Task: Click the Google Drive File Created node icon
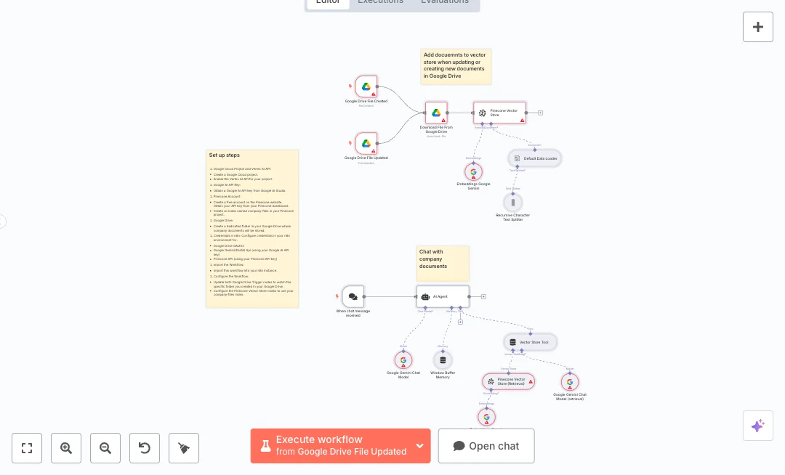[366, 86]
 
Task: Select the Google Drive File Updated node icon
[366, 144]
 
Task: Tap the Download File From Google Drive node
[436, 113]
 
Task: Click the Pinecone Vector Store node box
[499, 113]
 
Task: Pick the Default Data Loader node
[535, 158]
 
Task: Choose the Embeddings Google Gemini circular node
[473, 172]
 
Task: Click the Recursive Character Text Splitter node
[512, 202]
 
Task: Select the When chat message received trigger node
[353, 296]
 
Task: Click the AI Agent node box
[443, 296]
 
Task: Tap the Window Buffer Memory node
[443, 360]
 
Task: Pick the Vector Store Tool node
[531, 342]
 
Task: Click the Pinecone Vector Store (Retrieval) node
[508, 381]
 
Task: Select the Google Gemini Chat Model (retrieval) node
[570, 382]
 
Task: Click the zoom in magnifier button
[66, 448]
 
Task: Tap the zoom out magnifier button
[105, 448]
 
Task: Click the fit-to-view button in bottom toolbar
[27, 448]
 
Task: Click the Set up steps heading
[225, 155]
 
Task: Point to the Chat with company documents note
[443, 263]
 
